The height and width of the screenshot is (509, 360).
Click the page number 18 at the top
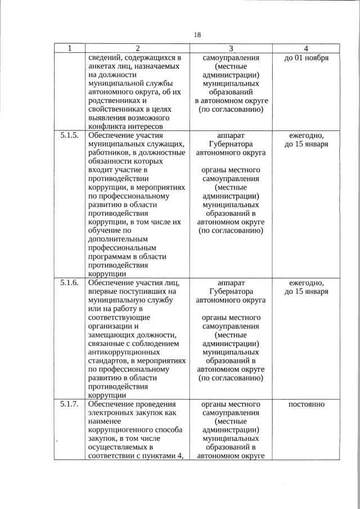coord(197,35)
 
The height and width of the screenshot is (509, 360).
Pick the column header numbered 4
coord(306,48)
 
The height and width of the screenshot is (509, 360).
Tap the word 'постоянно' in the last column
coord(306,404)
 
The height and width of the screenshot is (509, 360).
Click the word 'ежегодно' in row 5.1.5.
coord(306,136)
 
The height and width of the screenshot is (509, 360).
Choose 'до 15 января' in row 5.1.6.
coord(306,292)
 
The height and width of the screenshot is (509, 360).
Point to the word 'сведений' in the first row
coord(105,58)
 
